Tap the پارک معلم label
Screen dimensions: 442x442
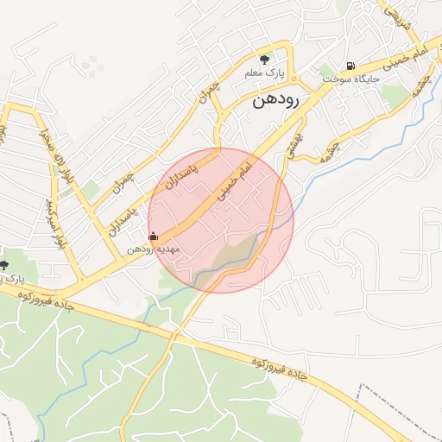(264, 73)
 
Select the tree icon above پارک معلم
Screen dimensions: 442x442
(264, 60)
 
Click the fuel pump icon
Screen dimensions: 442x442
(350, 65)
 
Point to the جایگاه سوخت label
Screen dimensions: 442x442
(353, 78)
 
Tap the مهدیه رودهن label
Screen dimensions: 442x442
(153, 249)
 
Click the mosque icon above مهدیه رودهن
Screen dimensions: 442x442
(154, 236)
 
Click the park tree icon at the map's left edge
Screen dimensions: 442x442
(3, 265)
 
